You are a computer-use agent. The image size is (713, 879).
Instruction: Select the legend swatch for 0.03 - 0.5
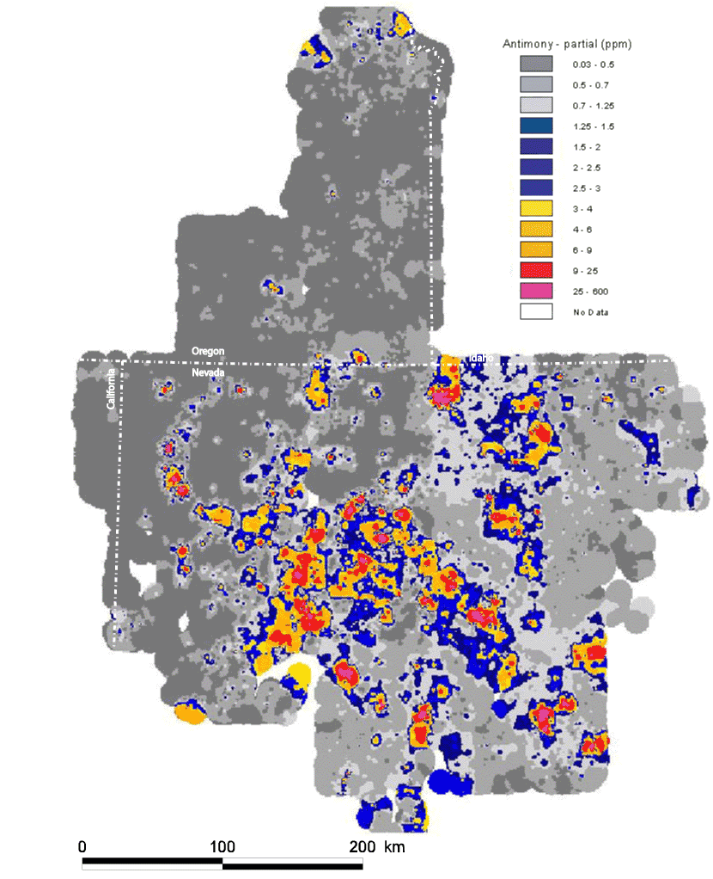coord(535,65)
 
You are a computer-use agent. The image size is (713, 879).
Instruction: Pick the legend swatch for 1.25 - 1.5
coord(535,126)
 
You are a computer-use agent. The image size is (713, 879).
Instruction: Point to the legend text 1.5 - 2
coord(584,147)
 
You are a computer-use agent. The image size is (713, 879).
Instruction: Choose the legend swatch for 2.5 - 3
coord(535,187)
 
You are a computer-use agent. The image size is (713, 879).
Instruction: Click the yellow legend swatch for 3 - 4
coord(535,208)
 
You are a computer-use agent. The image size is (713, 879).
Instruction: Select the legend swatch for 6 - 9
coord(535,249)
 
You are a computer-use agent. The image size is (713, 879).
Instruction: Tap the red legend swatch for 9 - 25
coord(535,270)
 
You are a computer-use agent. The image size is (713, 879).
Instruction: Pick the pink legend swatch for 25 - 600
coord(535,291)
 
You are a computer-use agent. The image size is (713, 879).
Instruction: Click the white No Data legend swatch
coord(535,311)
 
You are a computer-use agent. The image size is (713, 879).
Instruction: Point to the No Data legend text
coord(590,311)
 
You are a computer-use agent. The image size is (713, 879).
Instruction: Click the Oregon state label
coord(207,352)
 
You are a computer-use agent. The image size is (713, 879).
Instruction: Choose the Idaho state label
coord(478,358)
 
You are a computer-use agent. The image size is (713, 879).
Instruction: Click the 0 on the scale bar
coord(82,846)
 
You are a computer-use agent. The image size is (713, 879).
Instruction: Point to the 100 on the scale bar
coord(222,846)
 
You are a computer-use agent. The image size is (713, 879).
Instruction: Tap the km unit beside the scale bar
coord(394,846)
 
